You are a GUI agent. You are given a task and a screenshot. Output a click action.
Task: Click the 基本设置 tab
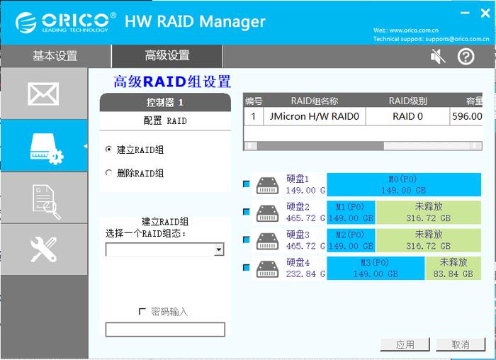pos(55,56)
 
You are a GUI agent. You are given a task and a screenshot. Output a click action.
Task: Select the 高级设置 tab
pos(167,56)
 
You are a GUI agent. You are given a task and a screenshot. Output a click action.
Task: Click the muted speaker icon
pos(438,57)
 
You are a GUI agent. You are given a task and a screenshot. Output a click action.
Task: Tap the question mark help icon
pos(466,57)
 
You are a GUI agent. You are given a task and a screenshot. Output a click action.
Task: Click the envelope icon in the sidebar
pos(43,94)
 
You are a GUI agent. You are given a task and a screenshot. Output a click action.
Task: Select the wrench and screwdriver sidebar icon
pos(44,249)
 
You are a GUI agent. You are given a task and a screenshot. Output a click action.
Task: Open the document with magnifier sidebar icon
pos(47,202)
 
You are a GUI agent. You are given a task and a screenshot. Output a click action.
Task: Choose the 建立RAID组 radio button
pos(108,149)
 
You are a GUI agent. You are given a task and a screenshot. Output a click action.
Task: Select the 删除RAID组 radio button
pos(108,173)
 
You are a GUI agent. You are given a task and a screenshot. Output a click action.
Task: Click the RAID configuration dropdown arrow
pos(219,249)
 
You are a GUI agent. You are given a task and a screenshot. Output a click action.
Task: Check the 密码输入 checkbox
pos(142,312)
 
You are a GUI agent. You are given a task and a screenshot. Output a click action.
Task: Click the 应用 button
pos(405,344)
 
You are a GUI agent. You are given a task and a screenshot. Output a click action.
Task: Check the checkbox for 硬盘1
pos(247,184)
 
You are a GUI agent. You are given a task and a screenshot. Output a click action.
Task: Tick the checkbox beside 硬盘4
pos(247,268)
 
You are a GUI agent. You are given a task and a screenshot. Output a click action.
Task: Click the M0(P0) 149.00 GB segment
pos(404,184)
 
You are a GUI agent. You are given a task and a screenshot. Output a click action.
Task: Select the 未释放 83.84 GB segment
pos(453,268)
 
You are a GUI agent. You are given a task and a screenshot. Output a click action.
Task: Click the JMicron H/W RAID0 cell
pos(315,116)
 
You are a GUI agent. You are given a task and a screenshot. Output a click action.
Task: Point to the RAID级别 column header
pos(407,101)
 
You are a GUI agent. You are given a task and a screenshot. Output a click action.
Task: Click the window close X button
pos(485,13)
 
